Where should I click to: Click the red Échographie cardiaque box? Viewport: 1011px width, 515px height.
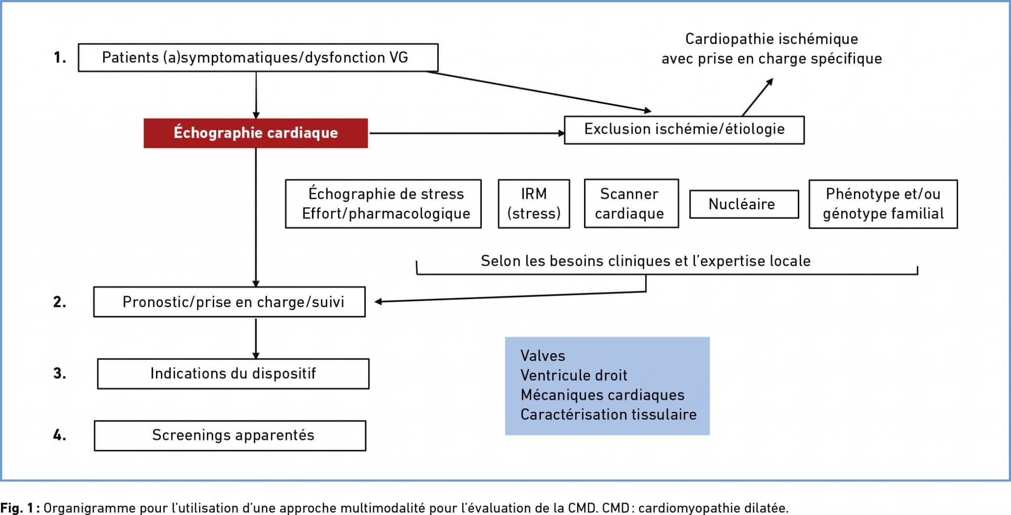coord(256,133)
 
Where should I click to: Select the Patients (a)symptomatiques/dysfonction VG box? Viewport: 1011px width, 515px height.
coord(258,58)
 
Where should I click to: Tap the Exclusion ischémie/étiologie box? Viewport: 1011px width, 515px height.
coord(684,129)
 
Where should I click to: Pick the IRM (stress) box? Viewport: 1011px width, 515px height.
coord(534,203)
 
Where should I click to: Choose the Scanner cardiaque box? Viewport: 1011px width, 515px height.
coord(631,203)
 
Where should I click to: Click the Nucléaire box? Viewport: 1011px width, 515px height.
coord(743,204)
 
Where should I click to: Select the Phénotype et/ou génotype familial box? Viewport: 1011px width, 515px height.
coord(883,204)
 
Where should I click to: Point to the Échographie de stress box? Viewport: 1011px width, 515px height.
coord(383,203)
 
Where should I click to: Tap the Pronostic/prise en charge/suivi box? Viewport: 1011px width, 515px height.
coord(230,302)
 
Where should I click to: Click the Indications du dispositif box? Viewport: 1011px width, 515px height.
coord(233,374)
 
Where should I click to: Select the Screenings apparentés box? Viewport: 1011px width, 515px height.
coord(230,436)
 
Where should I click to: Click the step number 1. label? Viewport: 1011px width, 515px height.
coord(60,58)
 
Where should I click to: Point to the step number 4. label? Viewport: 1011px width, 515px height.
coord(60,436)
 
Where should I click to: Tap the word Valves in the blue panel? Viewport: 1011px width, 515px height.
coord(543,356)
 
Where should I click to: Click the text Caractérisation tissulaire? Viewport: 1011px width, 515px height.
coord(608,414)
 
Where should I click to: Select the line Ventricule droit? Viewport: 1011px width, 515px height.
coord(574,375)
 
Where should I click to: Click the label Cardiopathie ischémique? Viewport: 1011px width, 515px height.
coord(771,39)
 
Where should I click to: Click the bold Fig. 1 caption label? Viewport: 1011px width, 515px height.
coord(20,508)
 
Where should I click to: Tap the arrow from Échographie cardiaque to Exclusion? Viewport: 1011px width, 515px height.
coord(467,133)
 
